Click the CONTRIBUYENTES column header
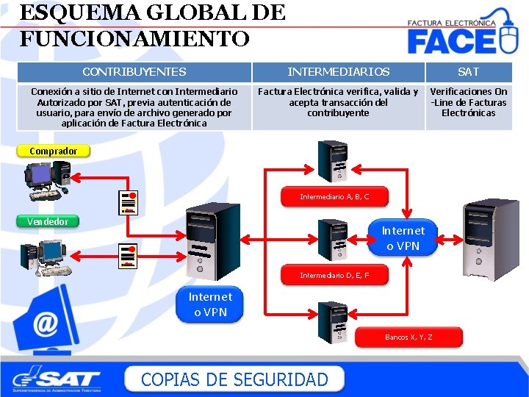(x=134, y=72)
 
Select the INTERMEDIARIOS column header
(x=339, y=72)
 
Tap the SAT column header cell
(x=469, y=72)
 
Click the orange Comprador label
(x=53, y=151)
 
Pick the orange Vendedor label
(x=48, y=221)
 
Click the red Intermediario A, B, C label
(x=334, y=196)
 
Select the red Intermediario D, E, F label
(x=334, y=275)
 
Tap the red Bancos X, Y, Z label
(x=409, y=337)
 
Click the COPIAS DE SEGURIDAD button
(x=234, y=379)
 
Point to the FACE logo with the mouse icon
(x=463, y=33)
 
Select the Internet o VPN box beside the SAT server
(x=403, y=238)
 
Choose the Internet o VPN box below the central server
(x=210, y=304)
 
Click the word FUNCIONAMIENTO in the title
(x=134, y=38)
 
